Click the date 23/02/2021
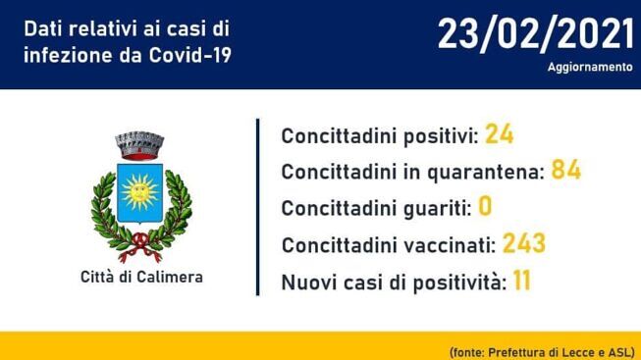point(536,35)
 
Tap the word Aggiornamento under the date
point(590,67)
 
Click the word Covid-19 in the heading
point(189,55)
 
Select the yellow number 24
point(499,133)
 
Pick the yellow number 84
point(565,170)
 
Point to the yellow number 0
point(485,206)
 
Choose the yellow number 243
point(523,243)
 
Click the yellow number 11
point(521,280)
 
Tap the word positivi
point(441,136)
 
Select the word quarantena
point(486,173)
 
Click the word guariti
point(438,208)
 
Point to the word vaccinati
point(450,245)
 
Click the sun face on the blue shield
point(139,191)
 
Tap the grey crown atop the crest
point(139,145)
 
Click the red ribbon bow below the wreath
point(139,247)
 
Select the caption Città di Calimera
point(141,277)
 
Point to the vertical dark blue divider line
point(257,207)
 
